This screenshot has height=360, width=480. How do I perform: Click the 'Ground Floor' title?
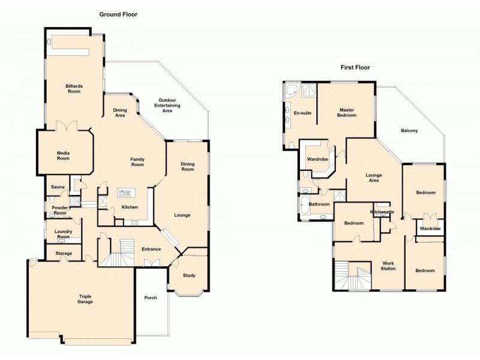(x=118, y=14)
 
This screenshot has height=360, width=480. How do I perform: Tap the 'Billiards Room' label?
(x=74, y=89)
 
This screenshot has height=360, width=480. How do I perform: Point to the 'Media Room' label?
(x=63, y=155)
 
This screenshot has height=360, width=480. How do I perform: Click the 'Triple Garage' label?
(x=85, y=299)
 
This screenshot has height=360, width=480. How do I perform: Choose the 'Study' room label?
(x=188, y=275)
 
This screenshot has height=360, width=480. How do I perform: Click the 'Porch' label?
(x=151, y=298)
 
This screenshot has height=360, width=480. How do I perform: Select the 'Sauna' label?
(x=58, y=187)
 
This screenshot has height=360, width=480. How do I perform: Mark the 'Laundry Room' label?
(x=63, y=234)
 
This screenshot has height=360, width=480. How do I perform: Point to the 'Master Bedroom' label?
(x=347, y=112)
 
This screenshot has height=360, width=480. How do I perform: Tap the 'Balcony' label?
(x=409, y=131)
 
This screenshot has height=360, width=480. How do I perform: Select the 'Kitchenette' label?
(x=382, y=212)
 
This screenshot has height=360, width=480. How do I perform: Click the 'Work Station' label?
(x=388, y=266)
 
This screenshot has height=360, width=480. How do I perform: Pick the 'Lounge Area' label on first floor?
(x=374, y=178)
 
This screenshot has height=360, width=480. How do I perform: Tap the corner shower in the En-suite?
(x=292, y=91)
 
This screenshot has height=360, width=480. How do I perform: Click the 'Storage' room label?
(x=64, y=253)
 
